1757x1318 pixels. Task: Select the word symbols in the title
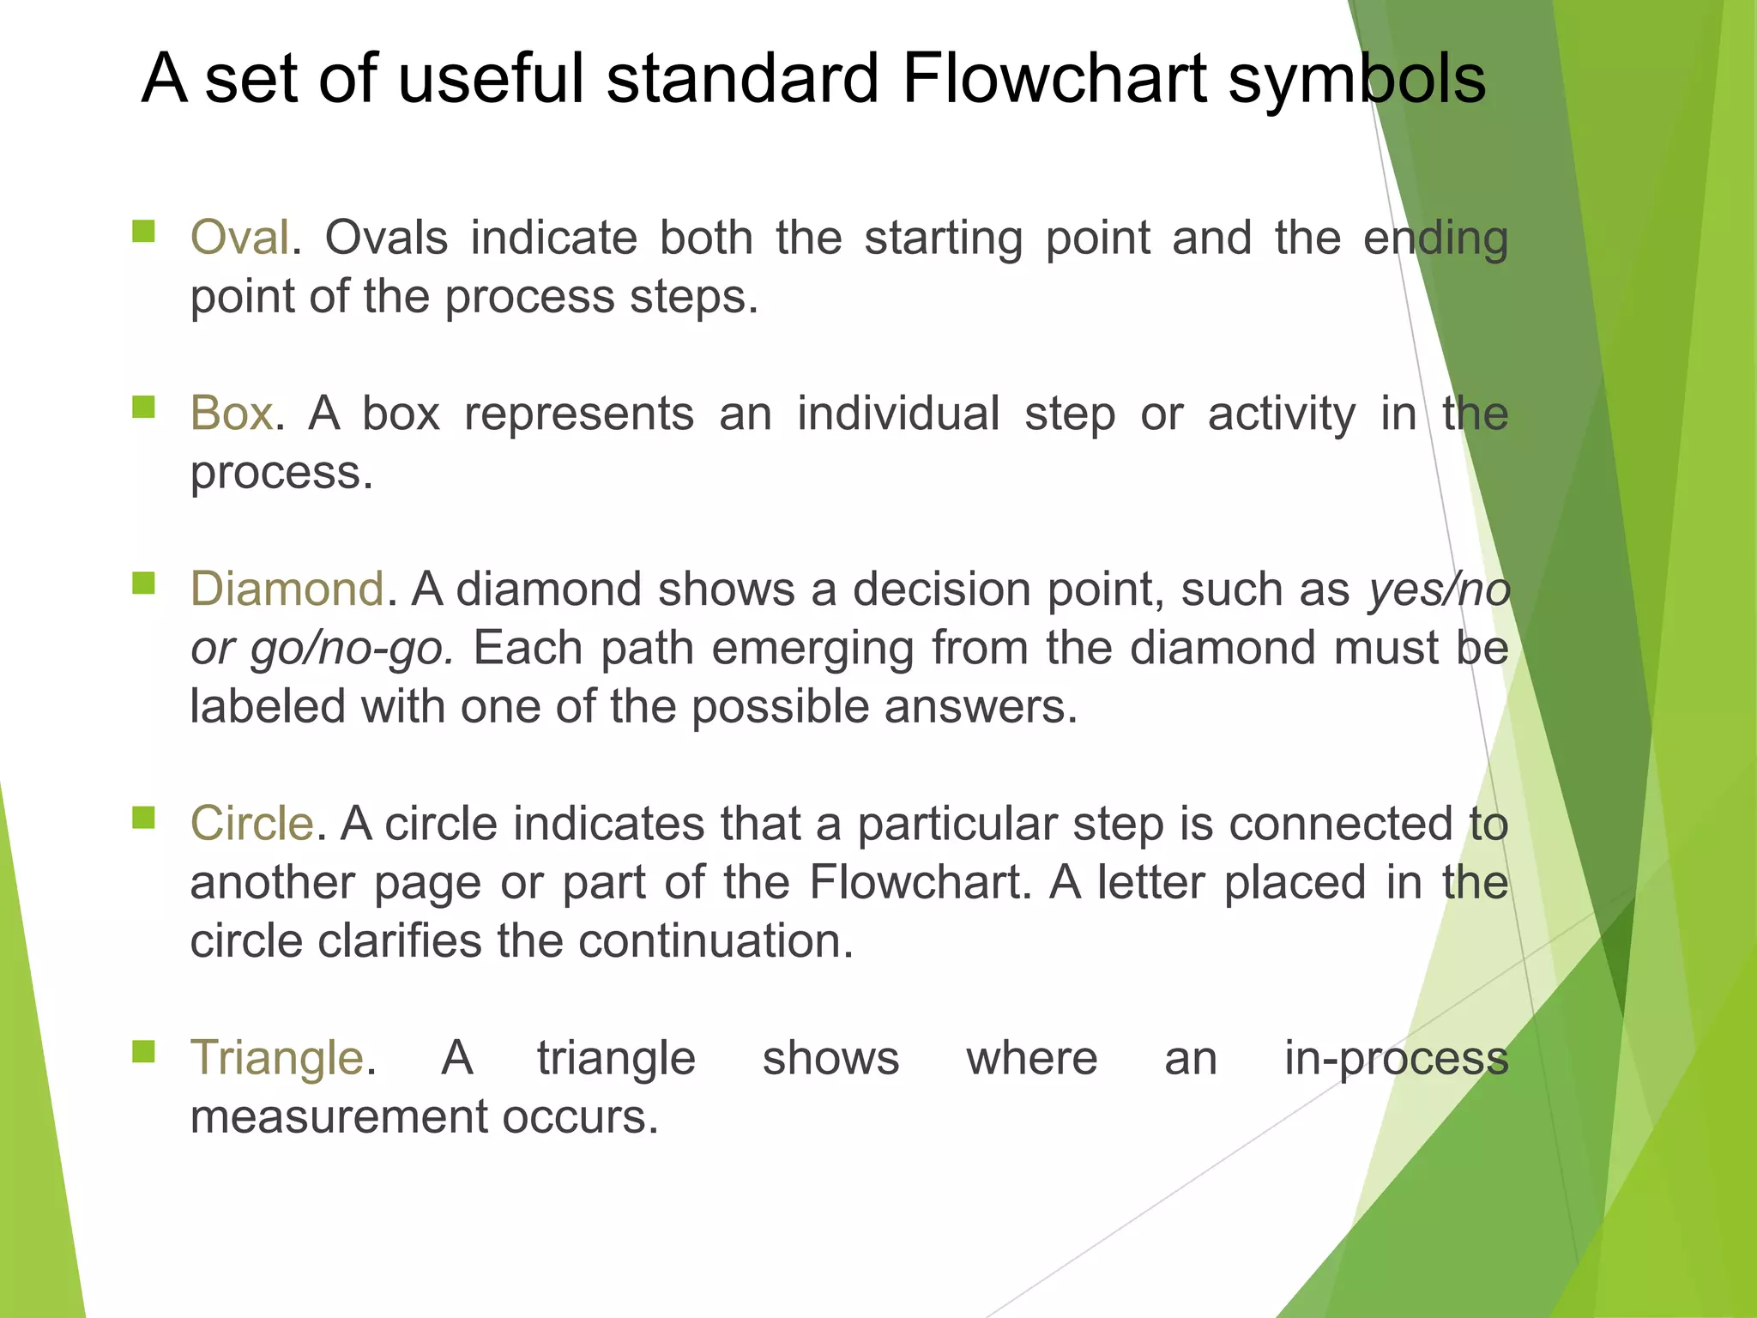pos(1356,79)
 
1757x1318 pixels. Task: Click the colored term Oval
pos(239,238)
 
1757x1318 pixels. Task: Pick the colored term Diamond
pos(287,589)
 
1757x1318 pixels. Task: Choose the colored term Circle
pos(251,824)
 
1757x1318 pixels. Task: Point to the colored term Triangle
pos(277,1058)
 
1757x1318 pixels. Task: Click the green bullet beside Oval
pos(143,231)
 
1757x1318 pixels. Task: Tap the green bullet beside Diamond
pos(143,583)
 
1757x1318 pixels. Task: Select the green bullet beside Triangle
pos(143,1051)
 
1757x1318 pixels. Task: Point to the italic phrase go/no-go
pos(351,649)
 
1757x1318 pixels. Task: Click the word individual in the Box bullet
pos(898,414)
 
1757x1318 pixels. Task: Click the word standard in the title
pos(743,79)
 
